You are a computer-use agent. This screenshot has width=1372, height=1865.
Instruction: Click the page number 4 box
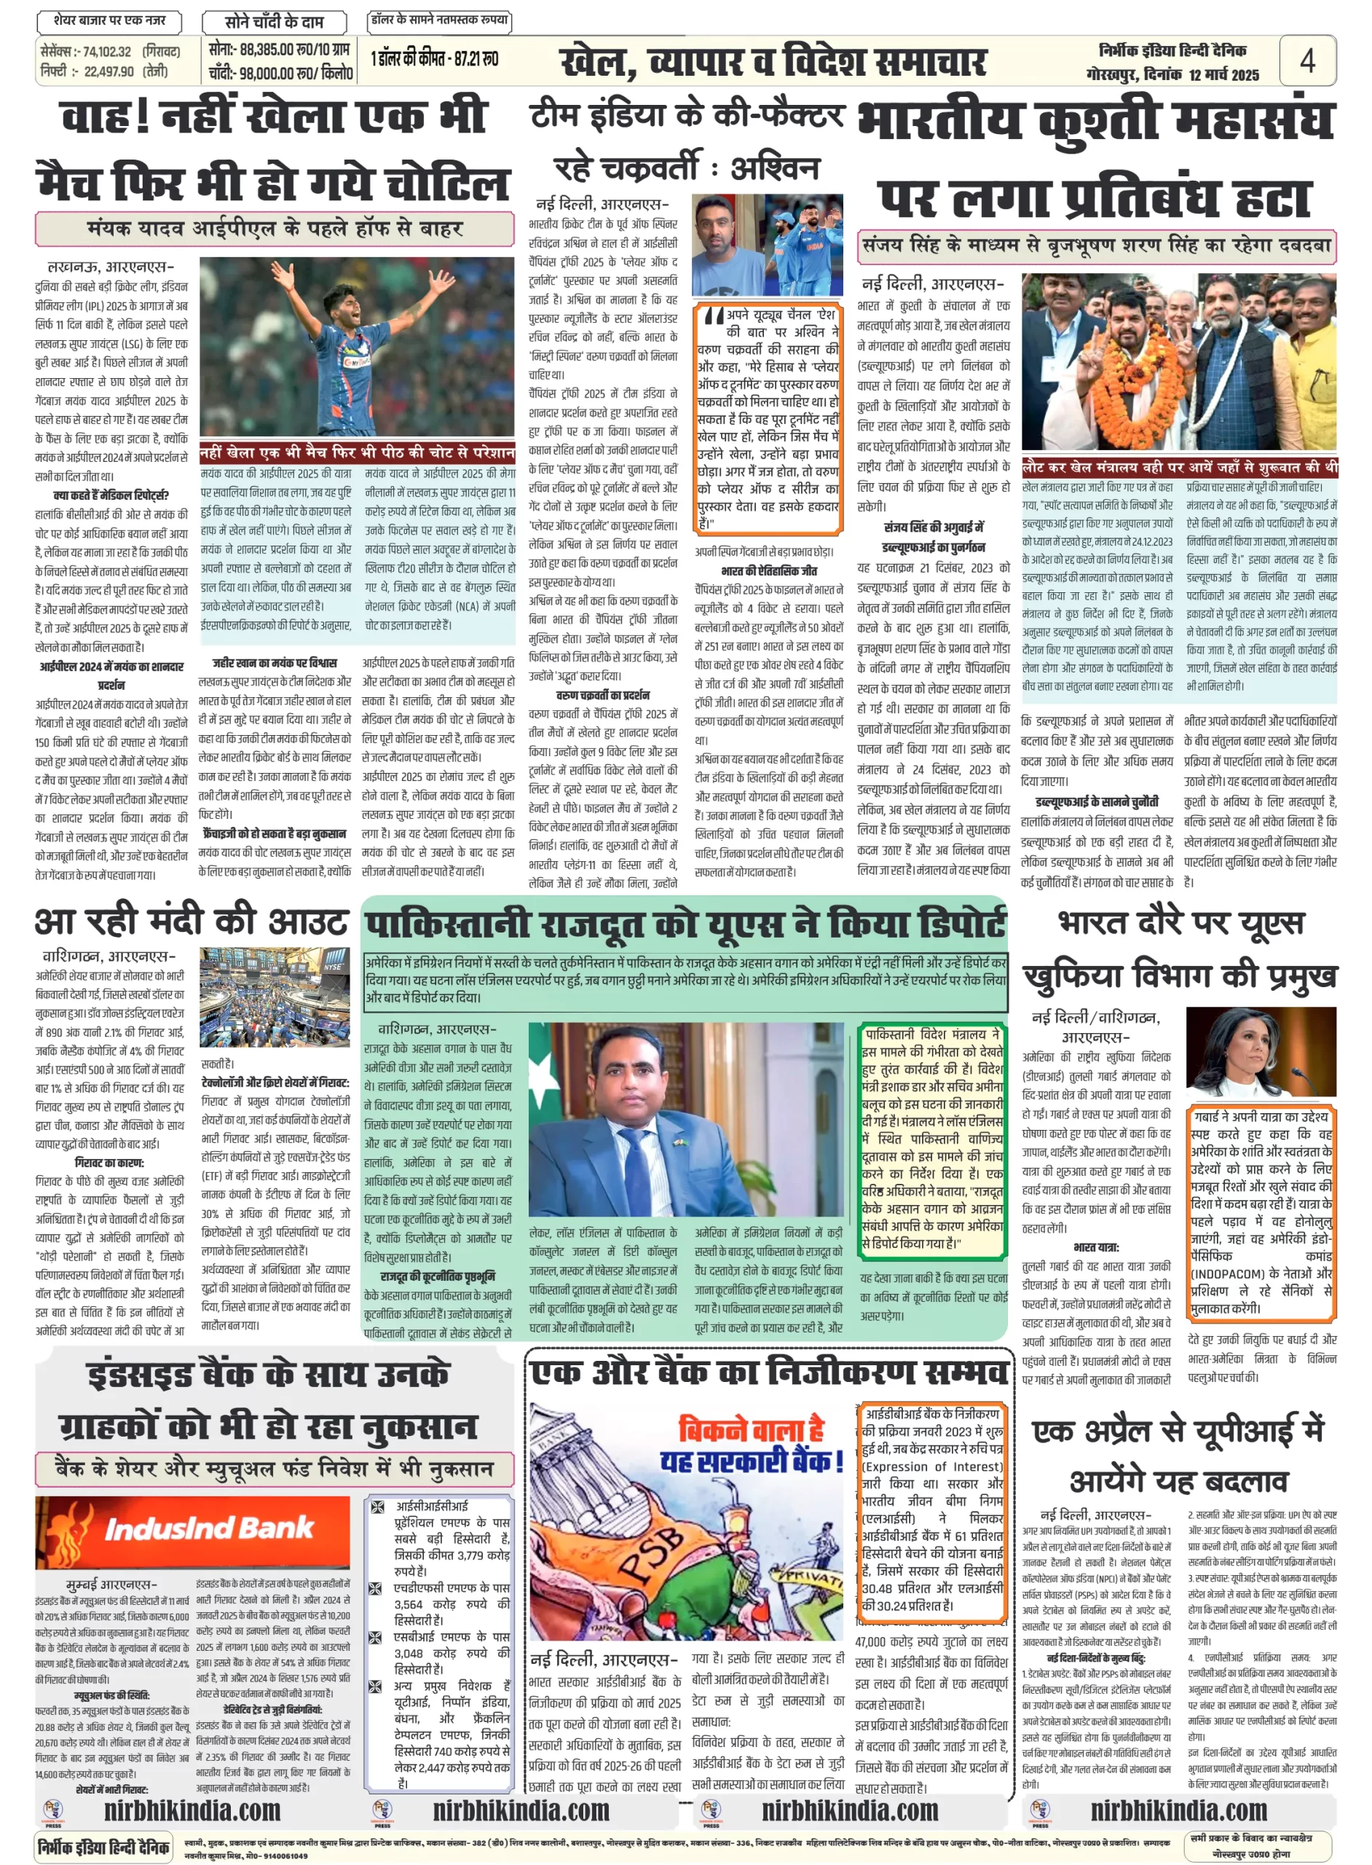(1307, 60)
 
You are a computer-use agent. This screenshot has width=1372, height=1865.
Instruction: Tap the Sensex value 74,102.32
(107, 52)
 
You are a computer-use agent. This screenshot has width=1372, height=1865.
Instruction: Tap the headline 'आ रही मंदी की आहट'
(190, 922)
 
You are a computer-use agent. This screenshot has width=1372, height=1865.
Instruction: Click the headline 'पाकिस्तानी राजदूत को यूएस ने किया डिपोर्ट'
(685, 924)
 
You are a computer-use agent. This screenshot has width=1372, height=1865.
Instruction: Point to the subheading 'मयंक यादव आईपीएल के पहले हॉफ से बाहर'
(274, 229)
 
